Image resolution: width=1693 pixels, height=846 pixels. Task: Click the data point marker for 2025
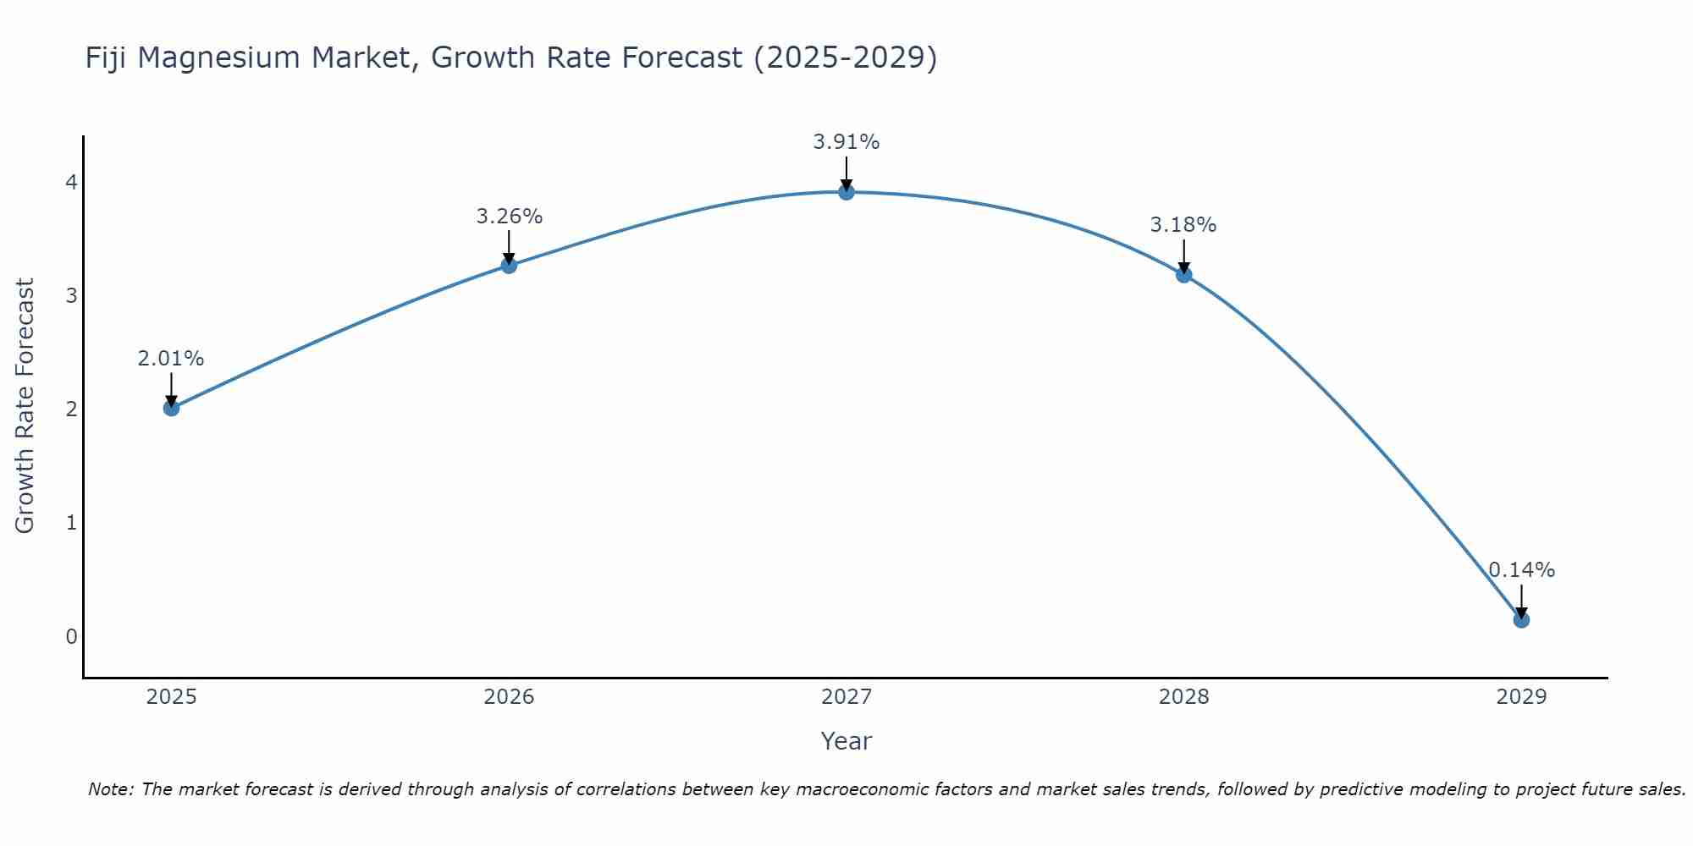click(171, 408)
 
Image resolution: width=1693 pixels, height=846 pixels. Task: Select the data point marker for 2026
click(509, 266)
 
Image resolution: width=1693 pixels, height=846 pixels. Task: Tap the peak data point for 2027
click(846, 192)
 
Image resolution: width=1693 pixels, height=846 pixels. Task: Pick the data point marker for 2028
click(1183, 274)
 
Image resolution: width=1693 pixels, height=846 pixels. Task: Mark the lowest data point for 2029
click(1521, 620)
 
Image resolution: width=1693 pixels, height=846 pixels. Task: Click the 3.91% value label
click(846, 142)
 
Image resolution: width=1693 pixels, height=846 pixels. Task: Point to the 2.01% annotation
click(171, 359)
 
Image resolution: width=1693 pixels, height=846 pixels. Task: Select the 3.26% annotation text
click(509, 217)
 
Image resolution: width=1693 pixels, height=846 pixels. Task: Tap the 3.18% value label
click(1183, 225)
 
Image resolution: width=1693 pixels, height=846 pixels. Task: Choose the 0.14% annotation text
click(1521, 570)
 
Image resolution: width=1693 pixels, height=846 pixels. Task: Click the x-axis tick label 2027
click(846, 697)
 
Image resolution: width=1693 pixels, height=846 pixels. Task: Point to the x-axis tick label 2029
click(1521, 697)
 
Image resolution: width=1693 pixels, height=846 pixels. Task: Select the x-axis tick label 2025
click(171, 697)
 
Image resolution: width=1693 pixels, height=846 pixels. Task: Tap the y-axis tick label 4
click(71, 183)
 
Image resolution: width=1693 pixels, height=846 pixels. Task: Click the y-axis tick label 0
click(71, 636)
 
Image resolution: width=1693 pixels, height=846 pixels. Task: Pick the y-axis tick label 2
click(71, 409)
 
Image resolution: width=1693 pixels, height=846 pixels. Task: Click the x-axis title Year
click(846, 742)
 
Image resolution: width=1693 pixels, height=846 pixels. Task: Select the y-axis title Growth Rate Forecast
click(25, 406)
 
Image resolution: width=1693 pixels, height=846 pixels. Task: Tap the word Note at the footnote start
click(110, 789)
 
